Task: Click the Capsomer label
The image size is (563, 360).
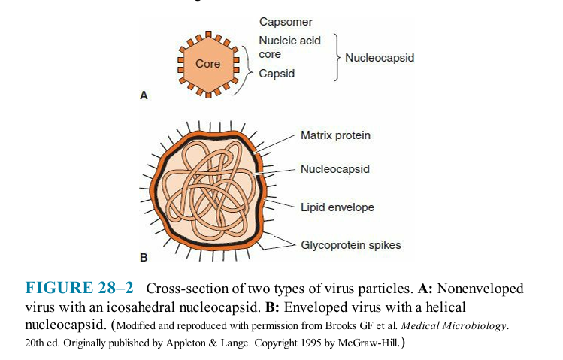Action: coord(286,22)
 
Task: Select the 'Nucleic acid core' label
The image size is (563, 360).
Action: coord(289,47)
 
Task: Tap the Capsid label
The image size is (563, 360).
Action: coord(277,74)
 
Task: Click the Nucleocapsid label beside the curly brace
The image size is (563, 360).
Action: coord(380,58)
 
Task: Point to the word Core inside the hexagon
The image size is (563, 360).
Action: coord(208,64)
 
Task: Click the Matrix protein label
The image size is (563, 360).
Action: coord(335,135)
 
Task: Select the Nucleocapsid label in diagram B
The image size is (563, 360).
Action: coord(335,169)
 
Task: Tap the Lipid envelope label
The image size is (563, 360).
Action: coord(337,207)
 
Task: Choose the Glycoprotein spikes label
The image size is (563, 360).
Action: coord(351,245)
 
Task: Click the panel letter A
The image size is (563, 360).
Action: coord(144,95)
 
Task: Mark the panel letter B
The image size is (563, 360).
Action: coord(144,258)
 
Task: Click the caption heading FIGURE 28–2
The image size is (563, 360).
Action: coord(80,288)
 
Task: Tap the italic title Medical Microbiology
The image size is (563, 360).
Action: coord(453,325)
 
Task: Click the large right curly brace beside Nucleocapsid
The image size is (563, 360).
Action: coord(337,57)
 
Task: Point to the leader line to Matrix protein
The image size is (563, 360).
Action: coord(274,144)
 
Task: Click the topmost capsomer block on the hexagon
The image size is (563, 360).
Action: coord(208,35)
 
